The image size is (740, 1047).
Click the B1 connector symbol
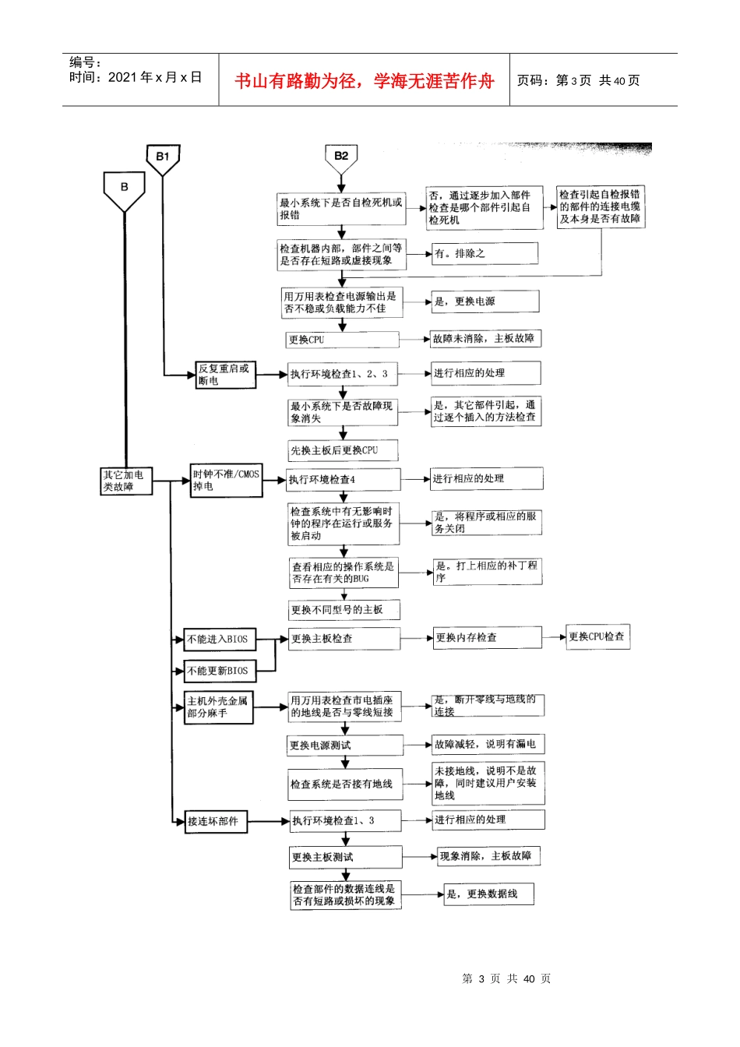163,158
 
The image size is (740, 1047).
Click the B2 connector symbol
341,158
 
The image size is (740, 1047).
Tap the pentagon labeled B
125,189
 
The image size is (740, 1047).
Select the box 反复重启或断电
224,375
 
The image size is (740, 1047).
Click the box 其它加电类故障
126,481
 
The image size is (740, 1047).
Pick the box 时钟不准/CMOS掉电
227,481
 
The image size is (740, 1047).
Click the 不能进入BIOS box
219,640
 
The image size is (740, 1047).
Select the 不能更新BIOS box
219,671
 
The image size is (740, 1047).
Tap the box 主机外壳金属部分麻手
219,707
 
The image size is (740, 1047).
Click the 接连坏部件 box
216,821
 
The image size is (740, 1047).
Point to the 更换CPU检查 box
597,636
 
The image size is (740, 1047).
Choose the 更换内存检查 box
487,638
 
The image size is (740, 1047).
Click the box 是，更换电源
485,301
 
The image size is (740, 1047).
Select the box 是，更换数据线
488,894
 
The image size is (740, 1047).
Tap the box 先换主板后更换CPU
343,450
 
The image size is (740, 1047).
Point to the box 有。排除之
485,254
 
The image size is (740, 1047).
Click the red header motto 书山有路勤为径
364,81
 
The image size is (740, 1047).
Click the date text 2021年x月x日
155,78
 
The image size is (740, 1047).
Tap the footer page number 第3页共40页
506,979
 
